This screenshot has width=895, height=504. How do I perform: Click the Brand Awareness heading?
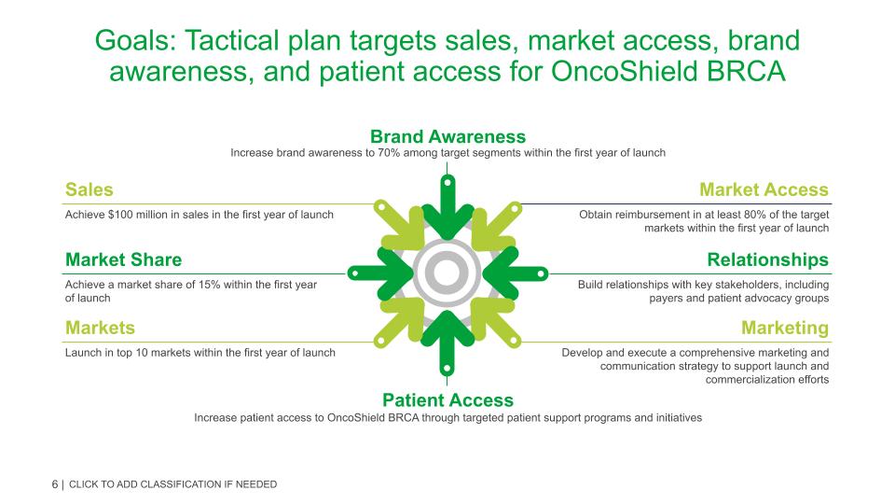click(x=447, y=136)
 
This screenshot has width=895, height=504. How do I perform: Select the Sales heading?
click(x=89, y=189)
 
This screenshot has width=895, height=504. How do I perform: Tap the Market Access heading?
click(x=764, y=189)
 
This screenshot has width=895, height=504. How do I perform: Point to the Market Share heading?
click(x=123, y=259)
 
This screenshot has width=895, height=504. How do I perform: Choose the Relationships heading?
click(x=767, y=259)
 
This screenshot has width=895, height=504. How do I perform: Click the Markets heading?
click(x=100, y=328)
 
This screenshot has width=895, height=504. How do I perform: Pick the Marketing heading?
click(x=784, y=328)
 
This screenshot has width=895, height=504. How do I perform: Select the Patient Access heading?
click(x=447, y=400)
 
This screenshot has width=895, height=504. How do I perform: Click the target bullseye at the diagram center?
click(x=447, y=273)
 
